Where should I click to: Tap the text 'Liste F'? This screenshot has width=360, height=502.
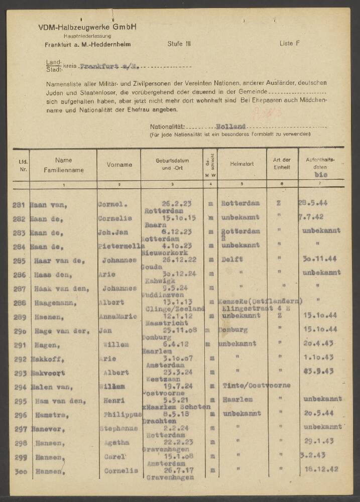tap(289, 44)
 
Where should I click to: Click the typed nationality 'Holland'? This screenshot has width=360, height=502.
tap(231, 128)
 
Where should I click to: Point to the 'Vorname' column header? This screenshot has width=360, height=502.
tap(119, 165)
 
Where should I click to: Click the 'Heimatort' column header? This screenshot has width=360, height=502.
tap(242, 165)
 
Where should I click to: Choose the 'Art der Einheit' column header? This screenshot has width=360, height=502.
tap(282, 164)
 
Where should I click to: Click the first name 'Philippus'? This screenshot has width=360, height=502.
tap(119, 415)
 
